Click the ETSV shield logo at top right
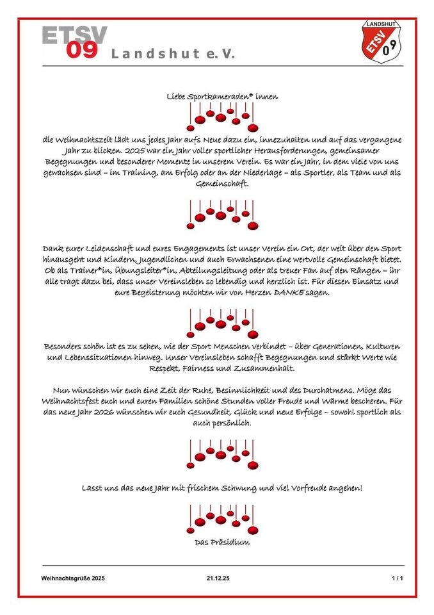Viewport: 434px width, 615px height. pyautogui.click(x=382, y=42)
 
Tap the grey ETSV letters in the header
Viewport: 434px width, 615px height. pyautogui.click(x=74, y=35)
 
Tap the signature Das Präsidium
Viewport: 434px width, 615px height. pyautogui.click(x=222, y=543)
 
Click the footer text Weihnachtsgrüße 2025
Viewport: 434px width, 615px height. pyautogui.click(x=73, y=578)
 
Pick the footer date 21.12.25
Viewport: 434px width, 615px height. pyautogui.click(x=218, y=578)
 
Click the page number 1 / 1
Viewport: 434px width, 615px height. pyautogui.click(x=398, y=578)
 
